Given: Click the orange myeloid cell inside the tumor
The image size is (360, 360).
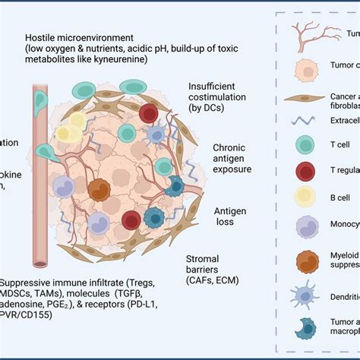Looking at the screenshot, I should point(120,190).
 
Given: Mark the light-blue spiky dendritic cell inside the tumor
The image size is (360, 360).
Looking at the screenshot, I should point(156,135).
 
